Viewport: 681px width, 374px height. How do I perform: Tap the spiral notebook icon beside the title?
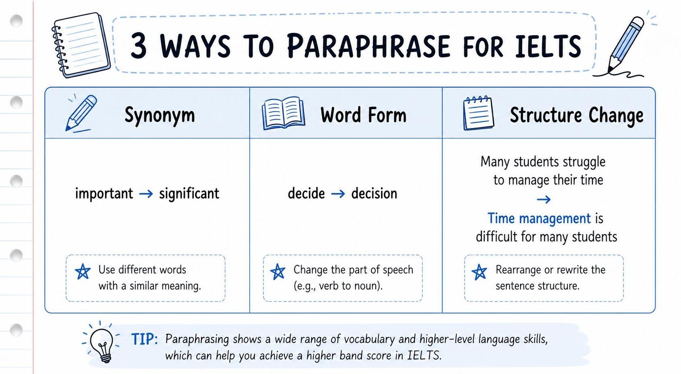(x=81, y=45)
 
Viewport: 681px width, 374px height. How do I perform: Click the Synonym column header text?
(x=160, y=116)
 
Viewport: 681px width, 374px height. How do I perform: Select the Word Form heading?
(x=363, y=115)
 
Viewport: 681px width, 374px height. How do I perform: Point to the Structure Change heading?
(x=577, y=116)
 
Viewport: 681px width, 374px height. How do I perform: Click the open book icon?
(x=283, y=113)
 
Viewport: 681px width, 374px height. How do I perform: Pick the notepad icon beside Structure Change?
(x=479, y=113)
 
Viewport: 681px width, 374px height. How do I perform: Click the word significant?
(x=189, y=194)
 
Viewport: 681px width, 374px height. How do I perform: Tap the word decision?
(x=374, y=194)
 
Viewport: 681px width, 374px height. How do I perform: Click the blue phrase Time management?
(x=539, y=219)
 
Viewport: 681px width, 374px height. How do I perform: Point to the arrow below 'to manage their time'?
(x=543, y=200)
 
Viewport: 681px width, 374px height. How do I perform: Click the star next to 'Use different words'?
(x=83, y=271)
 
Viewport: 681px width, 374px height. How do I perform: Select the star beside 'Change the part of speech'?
(x=278, y=271)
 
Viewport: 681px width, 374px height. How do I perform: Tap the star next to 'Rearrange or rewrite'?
(x=479, y=272)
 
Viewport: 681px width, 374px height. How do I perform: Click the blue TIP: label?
(x=144, y=339)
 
